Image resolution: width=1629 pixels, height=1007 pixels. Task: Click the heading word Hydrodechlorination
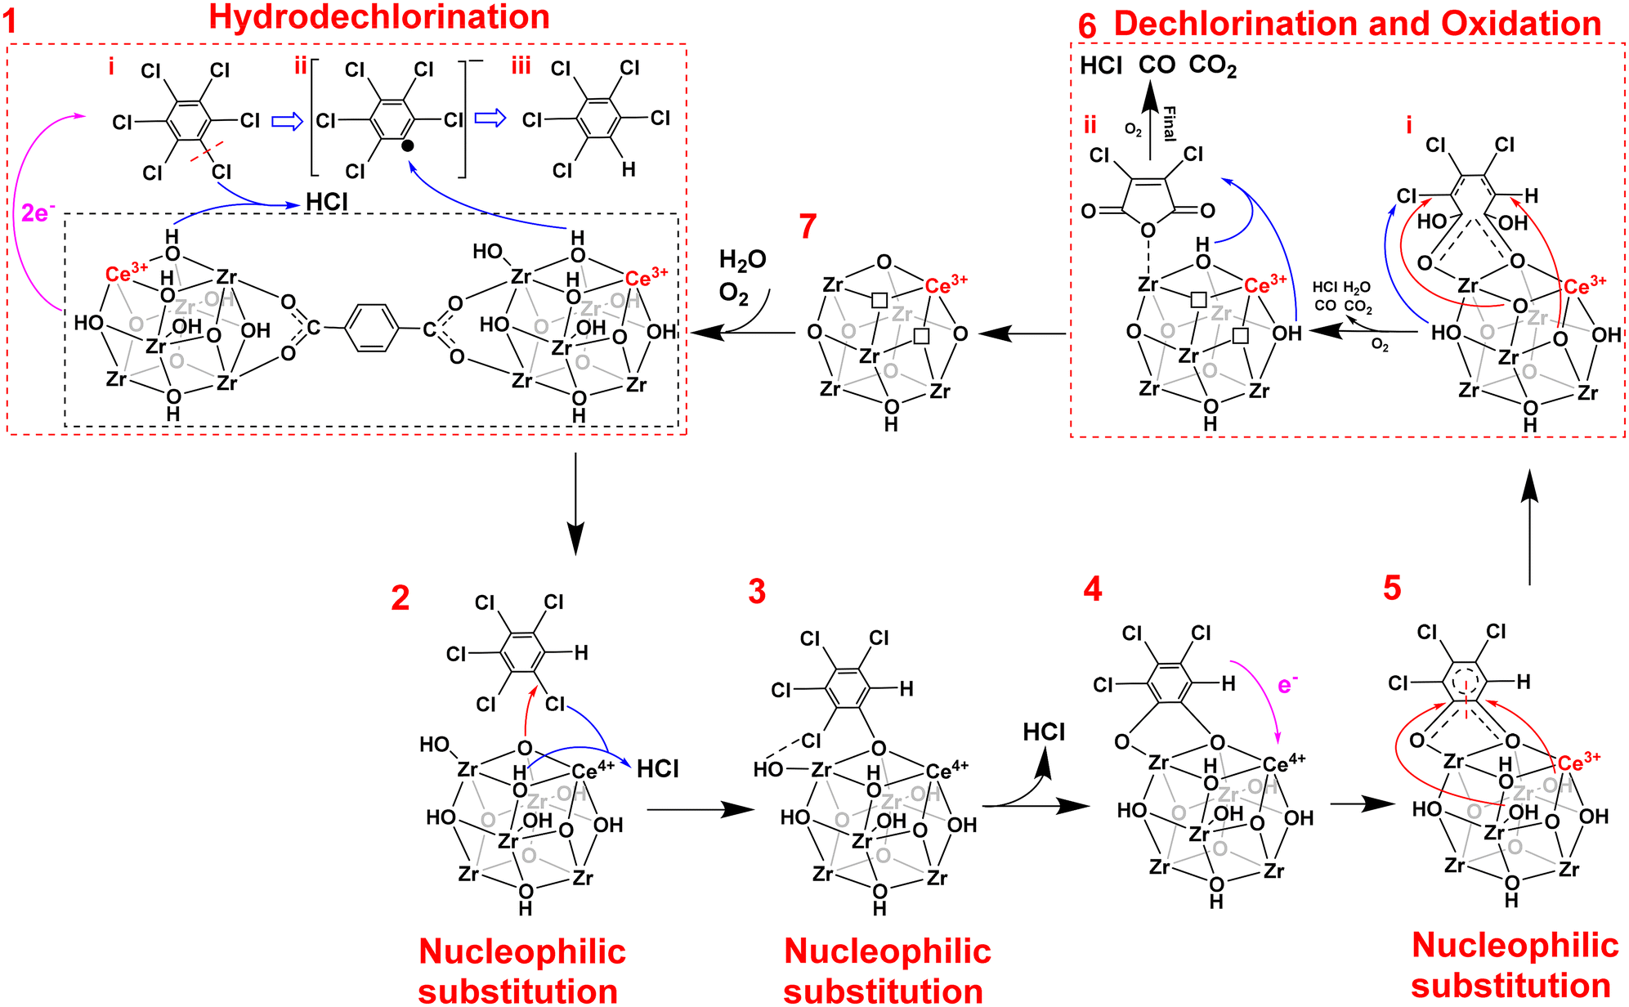[379, 16]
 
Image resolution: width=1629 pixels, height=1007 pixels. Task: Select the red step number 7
[808, 226]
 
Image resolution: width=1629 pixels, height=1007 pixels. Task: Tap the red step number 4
[1093, 589]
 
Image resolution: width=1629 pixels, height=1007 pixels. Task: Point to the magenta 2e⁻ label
[38, 213]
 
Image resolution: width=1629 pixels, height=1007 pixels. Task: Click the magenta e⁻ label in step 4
[1288, 683]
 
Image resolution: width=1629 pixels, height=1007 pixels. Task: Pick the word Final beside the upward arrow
[1169, 123]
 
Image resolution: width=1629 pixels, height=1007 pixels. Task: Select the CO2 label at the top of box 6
[1213, 65]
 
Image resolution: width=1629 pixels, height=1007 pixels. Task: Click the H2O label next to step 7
[743, 261]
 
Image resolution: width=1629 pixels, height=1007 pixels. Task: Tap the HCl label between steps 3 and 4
[1044, 732]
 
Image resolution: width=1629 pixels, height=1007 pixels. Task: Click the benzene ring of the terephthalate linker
[372, 329]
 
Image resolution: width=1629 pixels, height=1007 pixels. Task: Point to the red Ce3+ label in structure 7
[947, 284]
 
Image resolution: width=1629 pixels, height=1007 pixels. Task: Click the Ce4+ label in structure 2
[593, 770]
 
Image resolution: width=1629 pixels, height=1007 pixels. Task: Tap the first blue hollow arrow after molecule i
[288, 121]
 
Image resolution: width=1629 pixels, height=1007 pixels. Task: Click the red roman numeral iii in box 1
[521, 66]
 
